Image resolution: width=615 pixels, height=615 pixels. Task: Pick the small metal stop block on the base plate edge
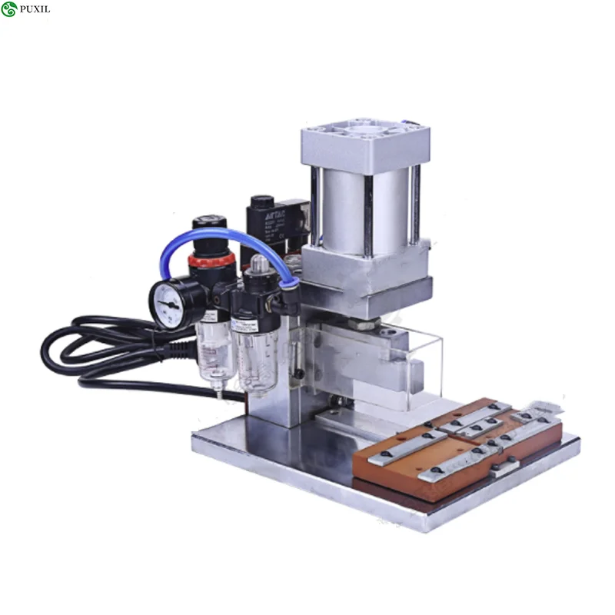click(x=504, y=465)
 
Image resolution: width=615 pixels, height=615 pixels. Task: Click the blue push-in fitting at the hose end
click(x=290, y=284)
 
